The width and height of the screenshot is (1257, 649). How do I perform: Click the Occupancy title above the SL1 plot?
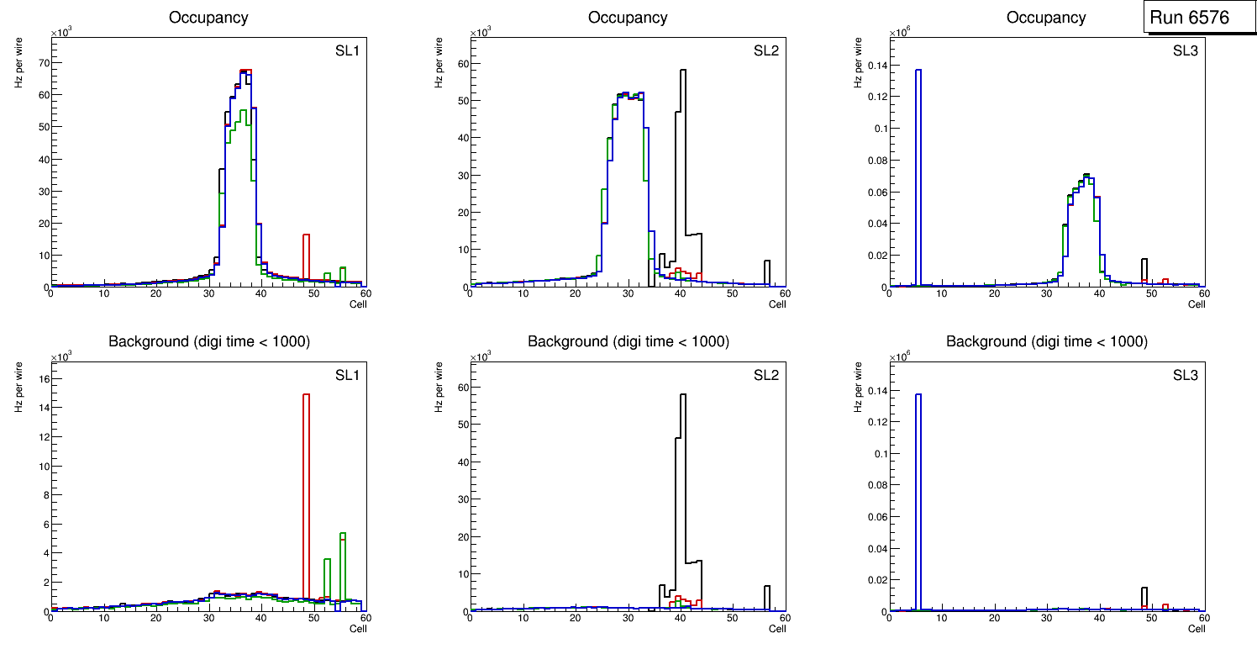click(208, 18)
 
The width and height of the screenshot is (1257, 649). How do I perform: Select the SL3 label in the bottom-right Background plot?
click(1185, 375)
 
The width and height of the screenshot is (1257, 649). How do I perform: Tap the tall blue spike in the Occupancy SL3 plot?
click(918, 168)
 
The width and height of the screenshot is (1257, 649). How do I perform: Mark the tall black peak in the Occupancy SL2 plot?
click(683, 168)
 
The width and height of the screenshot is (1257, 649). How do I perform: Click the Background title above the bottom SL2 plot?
click(628, 341)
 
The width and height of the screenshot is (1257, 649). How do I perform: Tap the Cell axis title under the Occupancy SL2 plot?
click(776, 304)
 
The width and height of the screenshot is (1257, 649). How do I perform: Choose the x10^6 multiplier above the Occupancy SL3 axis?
click(901, 33)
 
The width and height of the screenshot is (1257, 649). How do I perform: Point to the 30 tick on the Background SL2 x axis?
click(628, 619)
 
